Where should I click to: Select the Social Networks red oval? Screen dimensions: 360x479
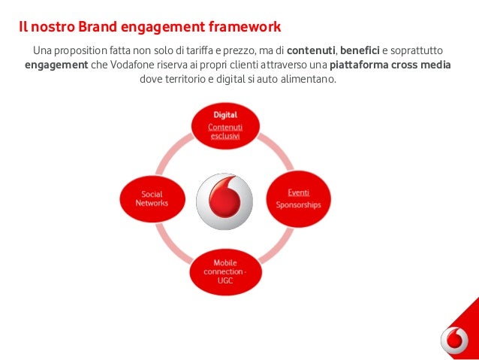tap(152, 198)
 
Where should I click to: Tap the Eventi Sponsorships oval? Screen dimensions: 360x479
tap(297, 198)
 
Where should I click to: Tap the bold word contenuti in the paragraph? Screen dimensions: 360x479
tap(311, 50)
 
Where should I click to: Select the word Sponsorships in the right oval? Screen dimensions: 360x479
tap(297, 204)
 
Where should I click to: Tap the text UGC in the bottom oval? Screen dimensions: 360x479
tap(224, 280)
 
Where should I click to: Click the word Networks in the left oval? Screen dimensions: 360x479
tap(152, 204)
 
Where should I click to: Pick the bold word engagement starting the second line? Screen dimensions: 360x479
tap(55, 65)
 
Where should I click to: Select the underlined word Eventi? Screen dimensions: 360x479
tap(297, 193)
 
